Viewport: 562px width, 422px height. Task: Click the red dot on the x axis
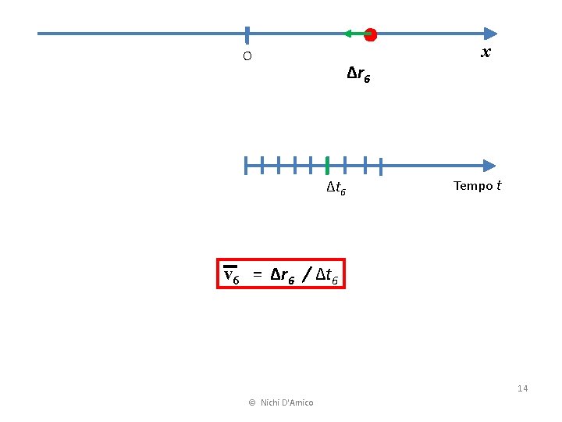[x=370, y=34]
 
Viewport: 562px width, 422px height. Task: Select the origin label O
[x=247, y=56]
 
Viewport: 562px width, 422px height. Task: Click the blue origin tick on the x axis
[x=247, y=34]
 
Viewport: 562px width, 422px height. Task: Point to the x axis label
[x=486, y=53]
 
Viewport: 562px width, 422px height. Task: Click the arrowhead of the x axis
[x=489, y=34]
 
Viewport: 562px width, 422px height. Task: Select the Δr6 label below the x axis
[x=359, y=75]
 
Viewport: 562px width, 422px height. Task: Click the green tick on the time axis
[x=327, y=166]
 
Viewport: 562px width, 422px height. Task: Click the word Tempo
[x=473, y=186]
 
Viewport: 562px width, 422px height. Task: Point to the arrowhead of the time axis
[x=489, y=166]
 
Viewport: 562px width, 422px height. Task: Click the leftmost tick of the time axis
[x=246, y=166]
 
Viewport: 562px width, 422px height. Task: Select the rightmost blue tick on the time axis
[x=380, y=166]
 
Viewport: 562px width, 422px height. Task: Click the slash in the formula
[x=307, y=274]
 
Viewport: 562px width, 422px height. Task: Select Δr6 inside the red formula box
[x=283, y=275]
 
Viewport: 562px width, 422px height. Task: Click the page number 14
[x=523, y=388]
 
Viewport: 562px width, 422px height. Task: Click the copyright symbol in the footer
[x=252, y=402]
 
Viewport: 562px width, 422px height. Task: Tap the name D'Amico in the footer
[x=297, y=402]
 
